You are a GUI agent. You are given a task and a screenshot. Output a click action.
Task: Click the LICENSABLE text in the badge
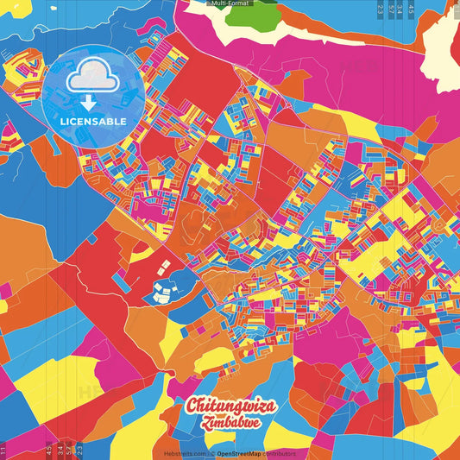(93, 121)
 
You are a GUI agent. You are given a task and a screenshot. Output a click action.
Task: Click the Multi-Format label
(230, 3)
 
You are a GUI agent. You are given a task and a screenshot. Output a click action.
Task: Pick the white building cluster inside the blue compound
(163, 293)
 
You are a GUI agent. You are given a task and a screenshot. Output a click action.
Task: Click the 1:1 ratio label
(3, 450)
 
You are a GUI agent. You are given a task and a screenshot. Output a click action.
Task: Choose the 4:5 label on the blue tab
(411, 9)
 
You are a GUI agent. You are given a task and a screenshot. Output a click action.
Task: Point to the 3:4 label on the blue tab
(59, 450)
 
